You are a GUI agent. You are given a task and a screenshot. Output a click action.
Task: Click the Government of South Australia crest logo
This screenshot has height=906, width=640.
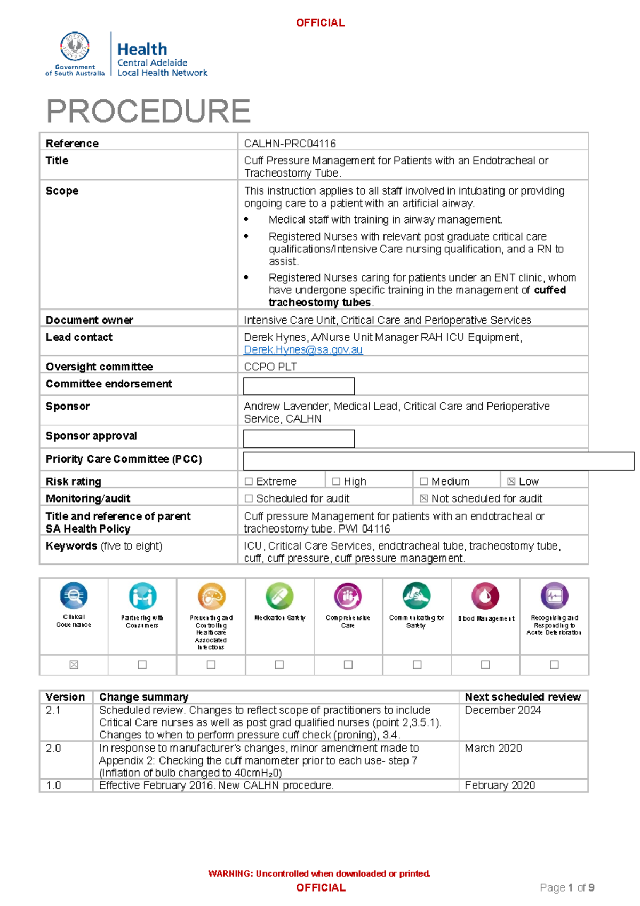(75, 47)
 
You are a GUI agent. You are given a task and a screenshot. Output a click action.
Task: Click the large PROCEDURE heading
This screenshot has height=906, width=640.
(148, 111)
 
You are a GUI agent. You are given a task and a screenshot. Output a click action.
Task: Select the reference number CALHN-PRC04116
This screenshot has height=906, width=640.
(290, 144)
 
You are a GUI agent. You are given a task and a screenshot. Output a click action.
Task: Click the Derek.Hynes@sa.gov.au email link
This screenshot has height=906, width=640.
(303, 350)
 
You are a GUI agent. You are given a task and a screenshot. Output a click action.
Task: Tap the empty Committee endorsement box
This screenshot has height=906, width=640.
(299, 386)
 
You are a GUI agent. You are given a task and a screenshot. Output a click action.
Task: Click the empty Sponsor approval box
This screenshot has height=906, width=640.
(299, 439)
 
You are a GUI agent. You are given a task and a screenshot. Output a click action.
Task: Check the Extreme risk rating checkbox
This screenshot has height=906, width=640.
(249, 481)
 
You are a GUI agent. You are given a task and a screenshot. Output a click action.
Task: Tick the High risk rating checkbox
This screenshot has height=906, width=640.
(336, 481)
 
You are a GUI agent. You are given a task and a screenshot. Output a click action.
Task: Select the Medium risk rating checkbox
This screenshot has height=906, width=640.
(423, 481)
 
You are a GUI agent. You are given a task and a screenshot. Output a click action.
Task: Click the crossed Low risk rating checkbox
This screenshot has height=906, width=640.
(511, 481)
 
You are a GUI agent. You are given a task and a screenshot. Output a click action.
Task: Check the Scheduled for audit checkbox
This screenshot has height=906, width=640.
(249, 498)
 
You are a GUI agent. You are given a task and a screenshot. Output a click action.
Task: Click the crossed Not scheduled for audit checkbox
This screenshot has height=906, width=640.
(423, 498)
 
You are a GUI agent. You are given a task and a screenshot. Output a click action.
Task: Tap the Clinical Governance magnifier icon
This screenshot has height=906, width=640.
(74, 595)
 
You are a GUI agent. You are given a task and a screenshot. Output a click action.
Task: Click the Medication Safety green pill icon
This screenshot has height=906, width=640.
(279, 596)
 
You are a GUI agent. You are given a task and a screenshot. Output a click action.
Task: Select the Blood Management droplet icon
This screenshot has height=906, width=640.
(485, 596)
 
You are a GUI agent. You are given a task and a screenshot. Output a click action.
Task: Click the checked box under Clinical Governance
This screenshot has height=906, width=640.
(74, 664)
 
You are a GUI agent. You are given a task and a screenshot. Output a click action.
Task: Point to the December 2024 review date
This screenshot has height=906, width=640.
(502, 710)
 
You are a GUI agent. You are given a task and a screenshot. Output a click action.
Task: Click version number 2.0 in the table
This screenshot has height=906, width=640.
(53, 748)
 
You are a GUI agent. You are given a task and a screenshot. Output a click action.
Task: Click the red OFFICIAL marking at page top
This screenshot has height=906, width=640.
(320, 23)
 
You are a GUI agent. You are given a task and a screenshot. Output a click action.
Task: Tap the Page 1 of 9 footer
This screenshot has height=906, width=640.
(567, 888)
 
